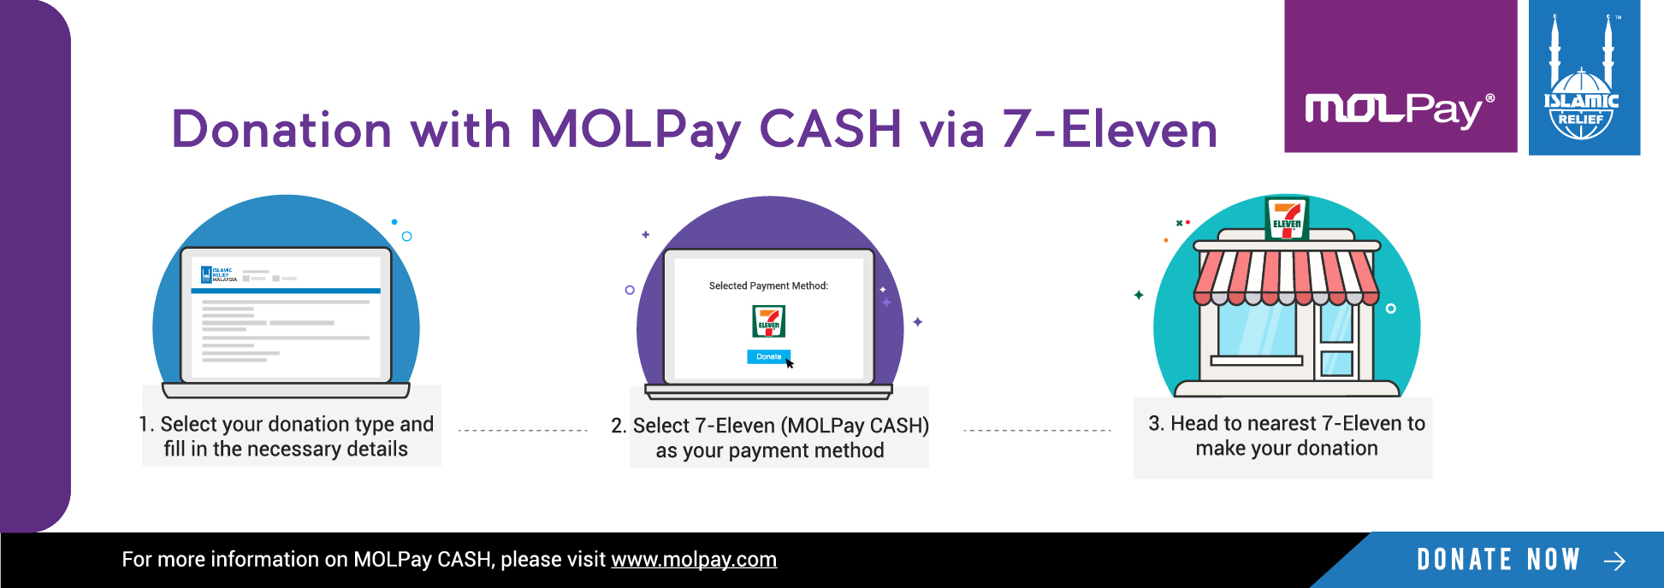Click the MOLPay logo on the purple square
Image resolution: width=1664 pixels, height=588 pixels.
coord(1400,109)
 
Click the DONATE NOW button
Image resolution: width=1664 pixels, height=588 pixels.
coord(1499,560)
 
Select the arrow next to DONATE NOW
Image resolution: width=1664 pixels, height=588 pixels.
coord(1614,561)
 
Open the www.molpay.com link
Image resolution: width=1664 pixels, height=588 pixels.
coord(694,560)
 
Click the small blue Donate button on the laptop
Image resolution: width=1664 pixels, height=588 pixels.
coord(768,356)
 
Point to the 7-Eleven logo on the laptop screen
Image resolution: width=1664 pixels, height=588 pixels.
coord(768,321)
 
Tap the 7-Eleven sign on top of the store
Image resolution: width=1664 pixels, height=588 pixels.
coord(1287,217)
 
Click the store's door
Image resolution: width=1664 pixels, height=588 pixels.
coord(1336,342)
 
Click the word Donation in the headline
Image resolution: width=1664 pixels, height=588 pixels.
coord(282,129)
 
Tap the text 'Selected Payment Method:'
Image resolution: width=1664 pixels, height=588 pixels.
coord(768,285)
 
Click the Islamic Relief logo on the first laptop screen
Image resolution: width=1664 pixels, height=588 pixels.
coord(218,274)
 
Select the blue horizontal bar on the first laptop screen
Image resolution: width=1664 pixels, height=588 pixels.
coord(286,291)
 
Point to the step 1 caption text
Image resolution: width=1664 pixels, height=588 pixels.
coord(287,436)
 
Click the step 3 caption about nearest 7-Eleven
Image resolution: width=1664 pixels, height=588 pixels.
coord(1287,435)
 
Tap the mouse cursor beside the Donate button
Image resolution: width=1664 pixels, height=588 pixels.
coord(790,363)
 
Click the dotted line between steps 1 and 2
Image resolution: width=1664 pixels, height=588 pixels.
coord(523,431)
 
